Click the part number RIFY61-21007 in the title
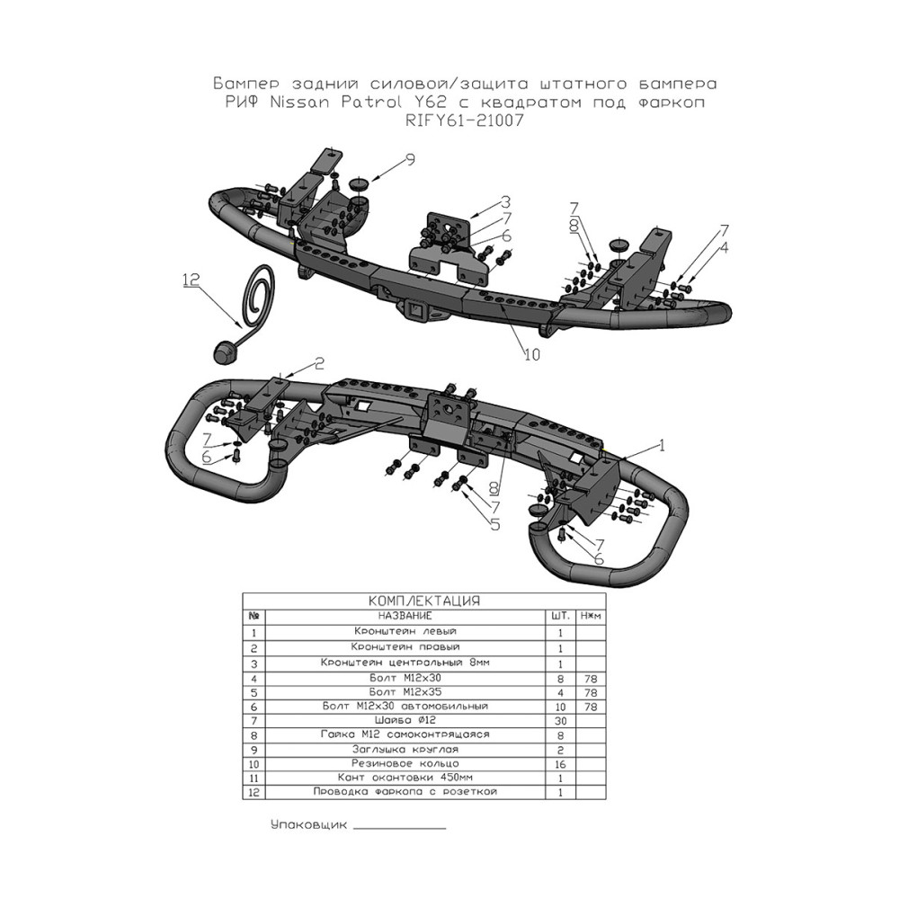[465, 121]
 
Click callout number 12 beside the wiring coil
[191, 280]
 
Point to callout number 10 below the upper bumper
[532, 355]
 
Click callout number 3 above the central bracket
[504, 201]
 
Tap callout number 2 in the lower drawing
[319, 363]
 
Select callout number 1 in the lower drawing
[663, 446]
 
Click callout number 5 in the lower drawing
[494, 524]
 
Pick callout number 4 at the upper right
[724, 248]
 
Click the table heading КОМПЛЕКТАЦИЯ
[423, 601]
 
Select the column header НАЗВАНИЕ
[405, 617]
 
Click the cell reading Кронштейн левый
[405, 631]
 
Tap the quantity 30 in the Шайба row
[560, 721]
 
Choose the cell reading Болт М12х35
[405, 692]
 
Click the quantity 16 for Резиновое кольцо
[560, 764]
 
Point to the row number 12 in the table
[254, 793]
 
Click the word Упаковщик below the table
[308, 825]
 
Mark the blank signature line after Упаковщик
[400, 829]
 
